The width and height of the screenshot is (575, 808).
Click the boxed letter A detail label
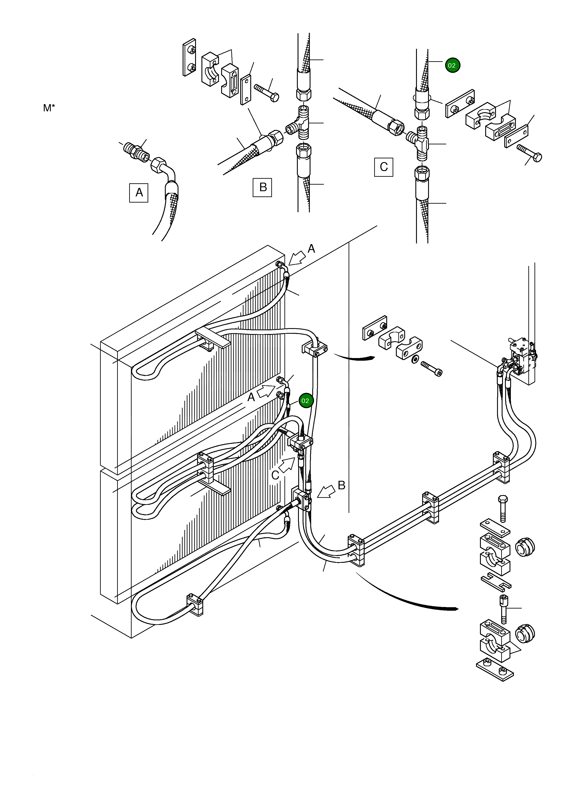pyautogui.click(x=139, y=193)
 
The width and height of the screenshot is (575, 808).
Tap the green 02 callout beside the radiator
pyautogui.click(x=305, y=401)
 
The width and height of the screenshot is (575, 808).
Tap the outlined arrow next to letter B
pyautogui.click(x=326, y=491)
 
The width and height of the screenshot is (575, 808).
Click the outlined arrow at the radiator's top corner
pyautogui.click(x=297, y=258)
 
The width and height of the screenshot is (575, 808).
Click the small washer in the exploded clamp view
pyautogui.click(x=415, y=359)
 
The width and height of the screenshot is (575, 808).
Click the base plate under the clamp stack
pyautogui.click(x=495, y=670)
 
